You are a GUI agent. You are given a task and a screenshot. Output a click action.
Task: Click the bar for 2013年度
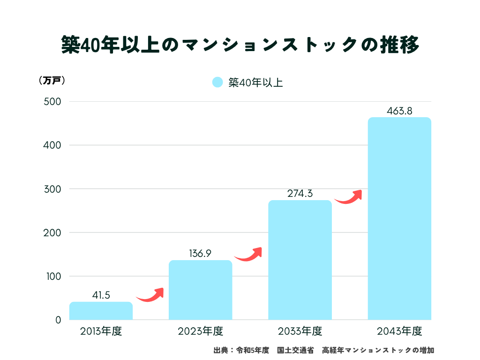point(101,311)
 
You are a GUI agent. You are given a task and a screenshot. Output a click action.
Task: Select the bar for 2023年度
point(200,290)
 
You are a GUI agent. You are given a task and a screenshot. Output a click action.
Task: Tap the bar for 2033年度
point(300,260)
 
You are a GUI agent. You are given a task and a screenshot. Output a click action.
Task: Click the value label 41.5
point(101,295)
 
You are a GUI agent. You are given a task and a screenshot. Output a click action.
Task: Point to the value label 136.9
point(200,254)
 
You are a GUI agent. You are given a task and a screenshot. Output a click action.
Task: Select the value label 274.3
point(300,194)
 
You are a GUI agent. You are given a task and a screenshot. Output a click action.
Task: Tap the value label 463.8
point(399,111)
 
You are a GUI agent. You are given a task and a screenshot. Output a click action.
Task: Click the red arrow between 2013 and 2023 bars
point(150,295)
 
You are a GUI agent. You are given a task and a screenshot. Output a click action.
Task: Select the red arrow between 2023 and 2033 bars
point(249,254)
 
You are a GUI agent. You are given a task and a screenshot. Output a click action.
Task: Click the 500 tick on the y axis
point(52,102)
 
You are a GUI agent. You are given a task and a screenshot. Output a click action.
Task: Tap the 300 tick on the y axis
point(52,189)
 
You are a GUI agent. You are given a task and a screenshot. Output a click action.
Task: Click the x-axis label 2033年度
point(300,331)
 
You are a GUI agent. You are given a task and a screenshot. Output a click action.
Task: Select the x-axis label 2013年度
point(101,331)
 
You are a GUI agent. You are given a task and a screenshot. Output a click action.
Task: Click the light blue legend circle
point(217,82)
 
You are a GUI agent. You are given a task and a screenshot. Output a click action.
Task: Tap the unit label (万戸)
point(52,80)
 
